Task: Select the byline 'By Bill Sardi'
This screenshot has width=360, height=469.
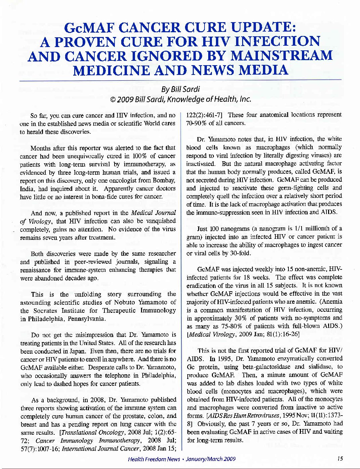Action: [180, 89]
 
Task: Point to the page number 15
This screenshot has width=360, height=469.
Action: [340, 459]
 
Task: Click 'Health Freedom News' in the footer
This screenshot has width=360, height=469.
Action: [154, 459]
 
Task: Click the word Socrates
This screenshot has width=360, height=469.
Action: [47, 310]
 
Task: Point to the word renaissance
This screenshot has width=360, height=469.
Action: [37, 270]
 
